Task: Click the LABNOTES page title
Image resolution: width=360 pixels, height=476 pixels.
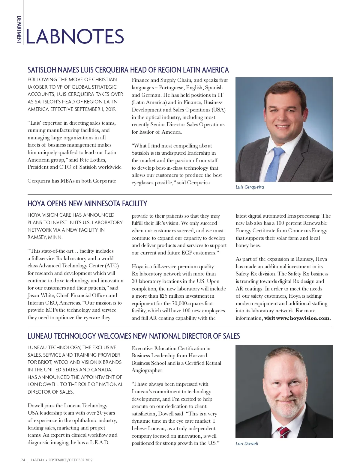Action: [x=75, y=37]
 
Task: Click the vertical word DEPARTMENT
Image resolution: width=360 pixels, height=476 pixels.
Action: [x=19, y=30]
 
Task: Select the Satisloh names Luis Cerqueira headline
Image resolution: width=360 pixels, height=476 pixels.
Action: [x=128, y=70]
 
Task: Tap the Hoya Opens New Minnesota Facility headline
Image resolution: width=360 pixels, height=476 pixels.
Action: [x=87, y=204]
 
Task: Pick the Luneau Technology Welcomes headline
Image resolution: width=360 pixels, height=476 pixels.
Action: [x=133, y=336]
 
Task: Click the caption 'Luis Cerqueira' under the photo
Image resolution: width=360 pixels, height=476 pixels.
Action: [x=250, y=187]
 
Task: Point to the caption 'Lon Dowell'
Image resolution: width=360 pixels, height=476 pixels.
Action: [x=247, y=444]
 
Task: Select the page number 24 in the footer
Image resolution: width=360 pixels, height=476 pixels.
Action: [x=23, y=460]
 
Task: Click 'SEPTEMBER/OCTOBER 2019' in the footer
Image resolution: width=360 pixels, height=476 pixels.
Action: [x=70, y=460]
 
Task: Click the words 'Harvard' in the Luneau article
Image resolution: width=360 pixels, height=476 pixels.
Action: [x=198, y=356]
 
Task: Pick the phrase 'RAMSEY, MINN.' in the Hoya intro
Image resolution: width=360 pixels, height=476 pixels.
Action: [x=45, y=237]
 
